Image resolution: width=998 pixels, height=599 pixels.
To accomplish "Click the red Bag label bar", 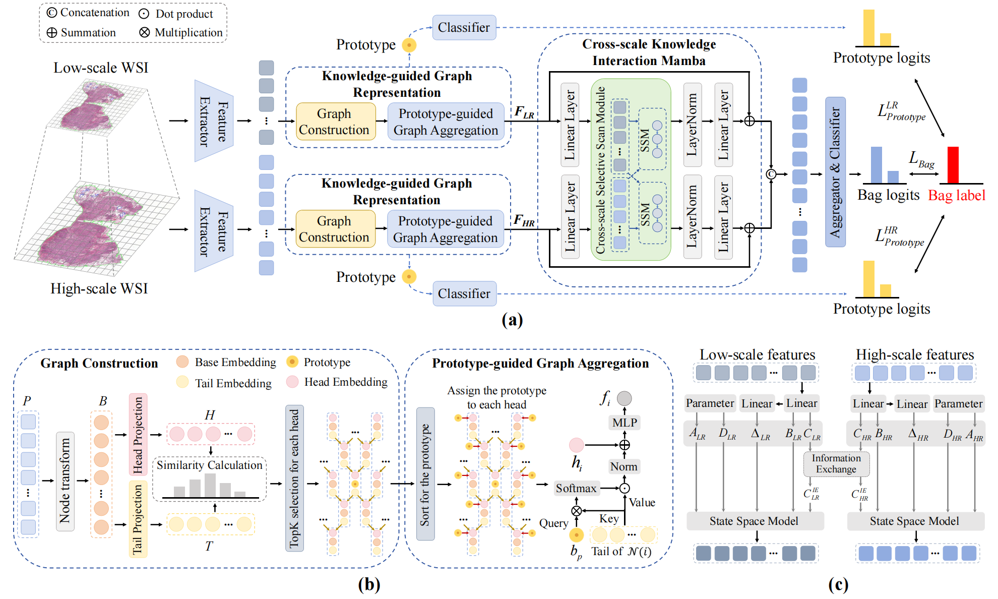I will [x=952, y=165].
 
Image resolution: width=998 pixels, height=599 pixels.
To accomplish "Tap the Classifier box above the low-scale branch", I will [x=464, y=28].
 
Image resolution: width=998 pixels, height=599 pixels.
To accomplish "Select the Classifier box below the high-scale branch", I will [x=464, y=293].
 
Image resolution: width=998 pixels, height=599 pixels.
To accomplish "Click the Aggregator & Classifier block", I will [x=835, y=172].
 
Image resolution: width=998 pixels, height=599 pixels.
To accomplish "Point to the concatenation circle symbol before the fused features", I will [x=771, y=174].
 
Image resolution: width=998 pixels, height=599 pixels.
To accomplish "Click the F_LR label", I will [x=524, y=112].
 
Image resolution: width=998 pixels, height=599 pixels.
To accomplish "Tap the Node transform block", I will [x=65, y=481].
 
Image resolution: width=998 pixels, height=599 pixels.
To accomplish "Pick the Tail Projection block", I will [x=138, y=519].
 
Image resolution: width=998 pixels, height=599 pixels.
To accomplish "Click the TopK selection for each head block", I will [x=294, y=478].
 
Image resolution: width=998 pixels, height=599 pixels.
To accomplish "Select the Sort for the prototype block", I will [x=425, y=474].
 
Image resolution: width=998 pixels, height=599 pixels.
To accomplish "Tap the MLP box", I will [x=625, y=423].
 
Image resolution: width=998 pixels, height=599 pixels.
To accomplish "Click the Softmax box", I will [x=576, y=488].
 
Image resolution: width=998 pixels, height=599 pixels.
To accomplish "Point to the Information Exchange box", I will [x=836, y=464].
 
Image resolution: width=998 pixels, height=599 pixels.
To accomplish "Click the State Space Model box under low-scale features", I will [x=754, y=521].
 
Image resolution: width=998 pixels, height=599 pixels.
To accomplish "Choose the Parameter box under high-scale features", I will [x=958, y=403].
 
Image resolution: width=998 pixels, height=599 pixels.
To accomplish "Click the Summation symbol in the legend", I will [x=52, y=33].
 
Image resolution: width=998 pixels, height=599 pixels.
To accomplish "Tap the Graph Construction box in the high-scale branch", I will [x=335, y=229].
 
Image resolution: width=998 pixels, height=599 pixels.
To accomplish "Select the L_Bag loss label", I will [x=921, y=160].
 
